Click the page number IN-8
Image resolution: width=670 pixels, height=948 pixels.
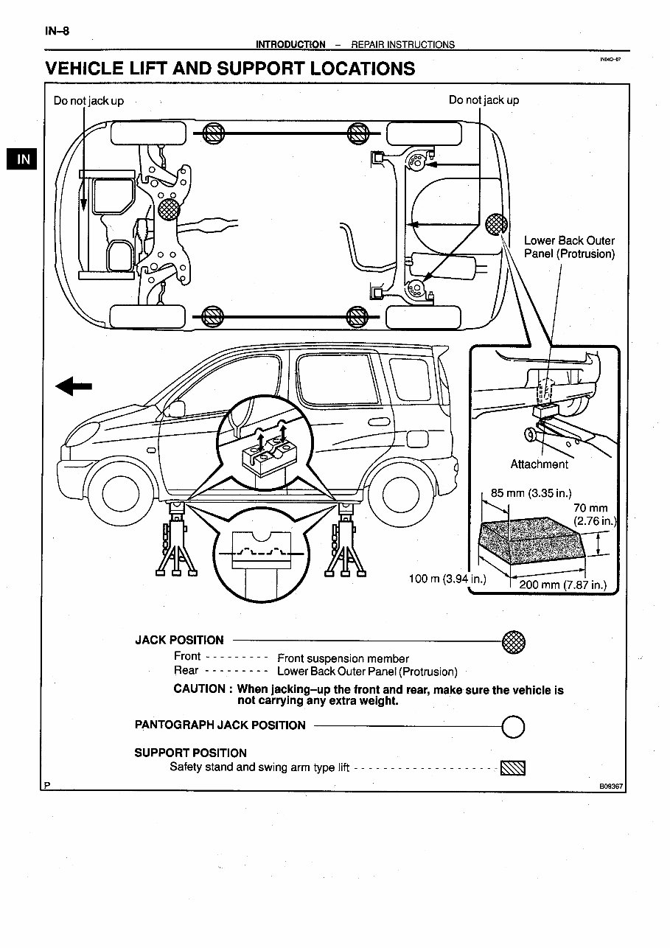click(x=57, y=31)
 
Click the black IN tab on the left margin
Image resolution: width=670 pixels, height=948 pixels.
click(x=24, y=158)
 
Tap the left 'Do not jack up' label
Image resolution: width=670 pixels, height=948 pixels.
click(x=88, y=100)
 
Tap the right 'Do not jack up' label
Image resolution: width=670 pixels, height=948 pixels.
click(x=484, y=100)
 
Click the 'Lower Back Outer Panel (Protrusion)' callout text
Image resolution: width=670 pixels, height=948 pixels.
click(x=568, y=247)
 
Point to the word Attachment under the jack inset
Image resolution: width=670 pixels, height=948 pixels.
click(x=539, y=464)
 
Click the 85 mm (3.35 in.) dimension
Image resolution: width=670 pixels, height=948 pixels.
click(x=531, y=492)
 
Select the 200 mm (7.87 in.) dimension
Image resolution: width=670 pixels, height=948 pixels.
click(x=562, y=585)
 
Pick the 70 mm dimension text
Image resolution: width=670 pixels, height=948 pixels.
click(x=590, y=508)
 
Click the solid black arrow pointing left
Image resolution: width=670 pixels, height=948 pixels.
click(x=74, y=386)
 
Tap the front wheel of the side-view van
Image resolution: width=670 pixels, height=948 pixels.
click(x=120, y=493)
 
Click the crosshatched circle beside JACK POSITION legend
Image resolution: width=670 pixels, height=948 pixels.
click(x=513, y=641)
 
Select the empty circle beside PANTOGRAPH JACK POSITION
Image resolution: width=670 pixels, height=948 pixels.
click(x=513, y=728)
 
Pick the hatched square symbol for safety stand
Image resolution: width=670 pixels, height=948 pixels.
click(x=513, y=768)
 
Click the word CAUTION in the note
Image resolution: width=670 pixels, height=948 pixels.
click(x=199, y=689)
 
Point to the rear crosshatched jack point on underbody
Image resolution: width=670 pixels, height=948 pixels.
click(x=497, y=223)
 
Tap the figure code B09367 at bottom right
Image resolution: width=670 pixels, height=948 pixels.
click(x=611, y=787)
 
